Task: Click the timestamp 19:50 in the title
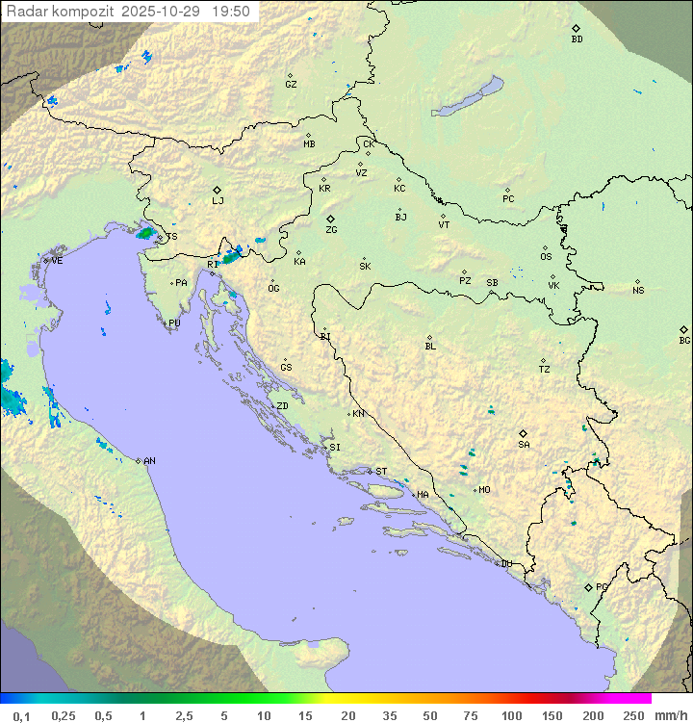(x=231, y=12)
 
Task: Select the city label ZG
(x=331, y=230)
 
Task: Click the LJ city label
(x=218, y=201)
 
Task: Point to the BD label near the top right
(x=577, y=39)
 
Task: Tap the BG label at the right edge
(x=684, y=340)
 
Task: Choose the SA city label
(x=524, y=444)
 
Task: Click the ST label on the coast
(x=381, y=472)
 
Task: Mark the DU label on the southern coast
(x=505, y=564)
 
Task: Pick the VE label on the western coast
(x=57, y=261)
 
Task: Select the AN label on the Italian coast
(x=149, y=461)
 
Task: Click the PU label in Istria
(x=174, y=323)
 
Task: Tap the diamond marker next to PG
(x=588, y=586)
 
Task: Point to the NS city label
(x=638, y=291)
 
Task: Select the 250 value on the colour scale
(x=633, y=715)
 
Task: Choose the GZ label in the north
(x=291, y=84)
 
